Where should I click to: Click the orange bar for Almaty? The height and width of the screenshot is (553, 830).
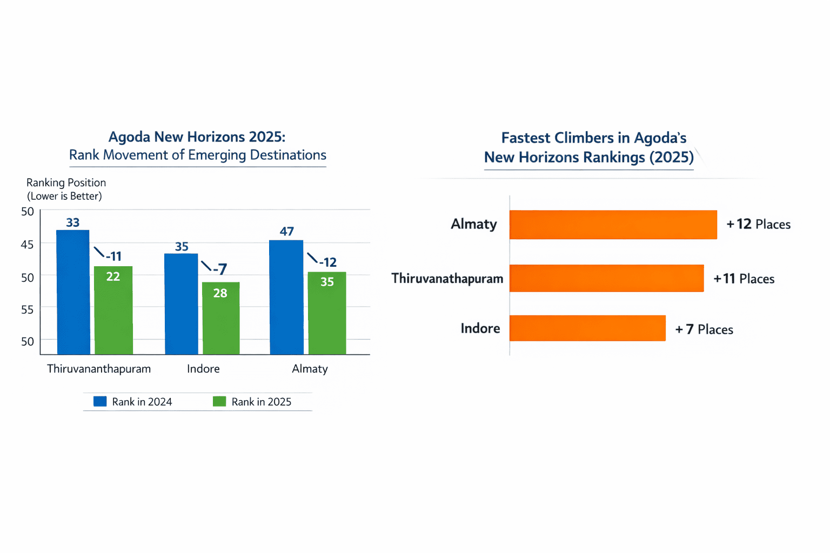click(613, 225)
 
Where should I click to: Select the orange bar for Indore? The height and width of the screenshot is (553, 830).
click(587, 328)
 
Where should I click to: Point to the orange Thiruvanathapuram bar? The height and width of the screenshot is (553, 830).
click(606, 278)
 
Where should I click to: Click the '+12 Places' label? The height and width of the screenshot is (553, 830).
click(758, 224)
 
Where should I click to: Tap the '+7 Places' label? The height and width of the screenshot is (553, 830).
click(704, 329)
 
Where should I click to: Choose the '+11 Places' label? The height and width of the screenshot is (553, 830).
click(744, 279)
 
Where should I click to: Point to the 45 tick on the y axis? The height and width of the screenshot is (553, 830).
click(27, 245)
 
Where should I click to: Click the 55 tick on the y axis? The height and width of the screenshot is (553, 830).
click(27, 309)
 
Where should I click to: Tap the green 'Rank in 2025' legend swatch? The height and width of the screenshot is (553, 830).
click(219, 401)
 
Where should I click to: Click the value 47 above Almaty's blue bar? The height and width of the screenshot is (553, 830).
click(286, 232)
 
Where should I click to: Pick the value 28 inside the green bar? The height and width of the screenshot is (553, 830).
click(220, 293)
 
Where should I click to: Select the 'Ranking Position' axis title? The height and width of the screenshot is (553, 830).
click(66, 183)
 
